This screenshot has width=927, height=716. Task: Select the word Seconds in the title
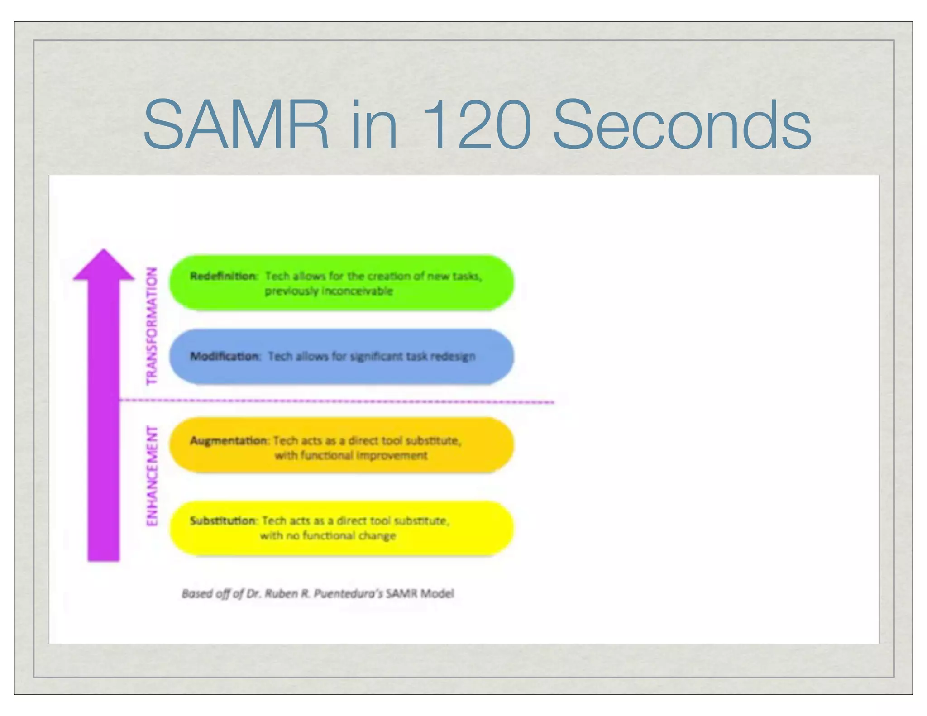[x=682, y=126]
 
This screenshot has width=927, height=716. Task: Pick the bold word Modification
[x=225, y=357]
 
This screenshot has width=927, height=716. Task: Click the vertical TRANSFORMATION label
[x=152, y=326]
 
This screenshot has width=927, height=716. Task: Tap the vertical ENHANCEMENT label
[x=152, y=476]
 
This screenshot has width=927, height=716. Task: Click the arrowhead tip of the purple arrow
[x=104, y=252]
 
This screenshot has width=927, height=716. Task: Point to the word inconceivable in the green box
[x=357, y=291]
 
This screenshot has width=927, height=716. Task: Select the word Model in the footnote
[x=437, y=593]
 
